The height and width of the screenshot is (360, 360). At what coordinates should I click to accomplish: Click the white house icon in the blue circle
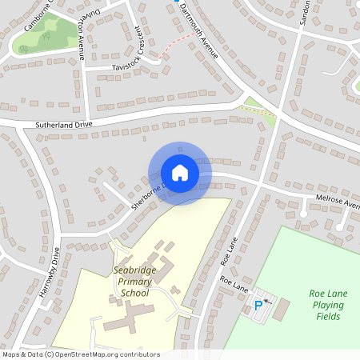point(180,173)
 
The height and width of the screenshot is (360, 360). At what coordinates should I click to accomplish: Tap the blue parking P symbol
point(258,305)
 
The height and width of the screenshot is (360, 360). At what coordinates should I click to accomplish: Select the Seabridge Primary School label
point(134,282)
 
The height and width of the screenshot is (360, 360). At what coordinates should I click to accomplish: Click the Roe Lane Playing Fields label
point(328,305)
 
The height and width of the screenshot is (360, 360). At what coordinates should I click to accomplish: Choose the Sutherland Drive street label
point(64,125)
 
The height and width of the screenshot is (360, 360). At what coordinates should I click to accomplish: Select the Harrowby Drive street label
point(50,273)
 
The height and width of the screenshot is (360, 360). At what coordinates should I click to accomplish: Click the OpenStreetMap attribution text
point(80,354)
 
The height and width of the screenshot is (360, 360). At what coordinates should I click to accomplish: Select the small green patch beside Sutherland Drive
point(258,107)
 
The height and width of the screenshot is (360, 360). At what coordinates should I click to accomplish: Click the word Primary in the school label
point(133,282)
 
